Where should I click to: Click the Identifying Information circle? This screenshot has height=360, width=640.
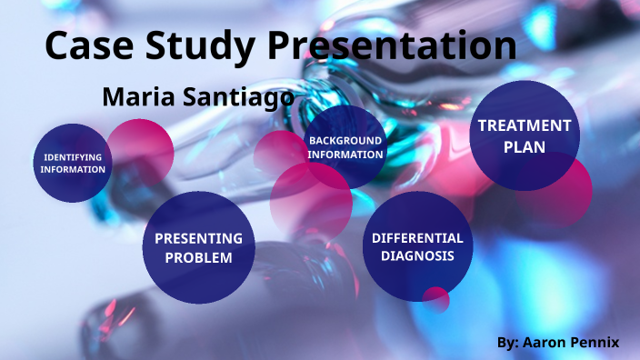(x=73, y=164)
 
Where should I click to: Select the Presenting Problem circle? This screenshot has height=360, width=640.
(x=198, y=247)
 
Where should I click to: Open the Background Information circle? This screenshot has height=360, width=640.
(x=345, y=147)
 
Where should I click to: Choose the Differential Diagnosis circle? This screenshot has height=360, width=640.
(x=417, y=246)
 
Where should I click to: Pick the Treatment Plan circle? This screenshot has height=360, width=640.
(x=525, y=136)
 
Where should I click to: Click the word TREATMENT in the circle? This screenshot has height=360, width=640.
(x=525, y=125)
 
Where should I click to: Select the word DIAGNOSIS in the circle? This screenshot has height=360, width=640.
(x=417, y=256)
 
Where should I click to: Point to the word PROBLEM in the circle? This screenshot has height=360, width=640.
(x=198, y=258)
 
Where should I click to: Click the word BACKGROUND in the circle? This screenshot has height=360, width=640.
(x=345, y=141)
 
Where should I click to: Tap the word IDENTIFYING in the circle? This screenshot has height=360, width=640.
(x=73, y=157)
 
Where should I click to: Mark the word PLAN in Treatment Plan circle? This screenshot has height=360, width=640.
(x=525, y=147)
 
